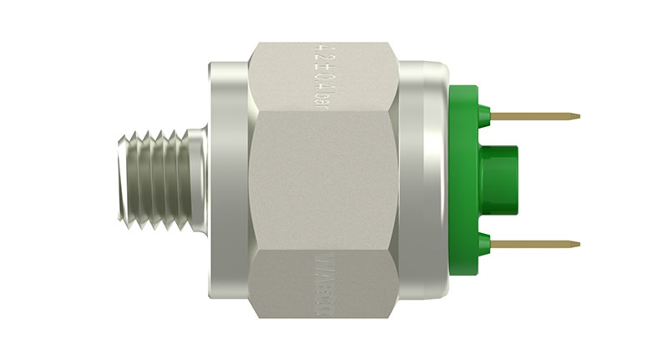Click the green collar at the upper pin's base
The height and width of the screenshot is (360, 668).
coord(485,114)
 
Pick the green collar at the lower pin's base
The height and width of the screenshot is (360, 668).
coord(485,244)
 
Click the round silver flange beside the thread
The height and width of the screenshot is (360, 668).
coord(225,179)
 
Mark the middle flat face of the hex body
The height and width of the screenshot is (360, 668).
coord(321,179)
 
